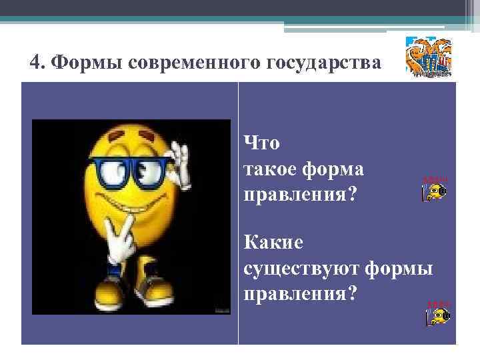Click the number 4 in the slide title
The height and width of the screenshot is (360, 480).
pyautogui.click(x=35, y=63)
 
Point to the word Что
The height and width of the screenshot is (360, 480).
pyautogui.click(x=263, y=143)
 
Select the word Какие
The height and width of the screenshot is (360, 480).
pyautogui.click(x=273, y=242)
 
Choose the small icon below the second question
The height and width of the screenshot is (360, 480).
pyautogui.click(x=437, y=313)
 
